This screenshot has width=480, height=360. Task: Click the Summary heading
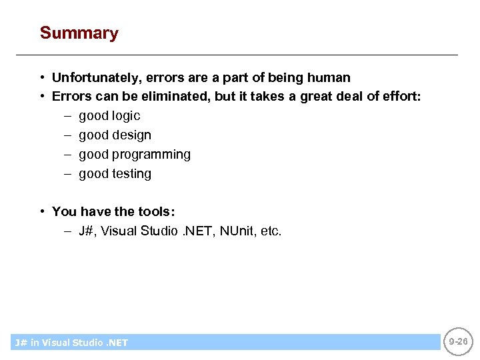tap(79, 33)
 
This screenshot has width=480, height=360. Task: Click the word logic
tap(127, 116)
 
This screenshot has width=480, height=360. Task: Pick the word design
tap(133, 135)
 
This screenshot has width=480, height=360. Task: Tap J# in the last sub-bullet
tap(86, 231)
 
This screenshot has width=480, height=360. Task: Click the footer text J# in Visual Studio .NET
tap(71, 343)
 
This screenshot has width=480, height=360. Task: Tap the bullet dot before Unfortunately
tap(42, 77)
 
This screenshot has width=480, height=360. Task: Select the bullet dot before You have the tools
tap(42, 211)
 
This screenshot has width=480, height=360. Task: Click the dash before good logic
tap(68, 116)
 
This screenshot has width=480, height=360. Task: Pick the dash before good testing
tap(68, 174)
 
